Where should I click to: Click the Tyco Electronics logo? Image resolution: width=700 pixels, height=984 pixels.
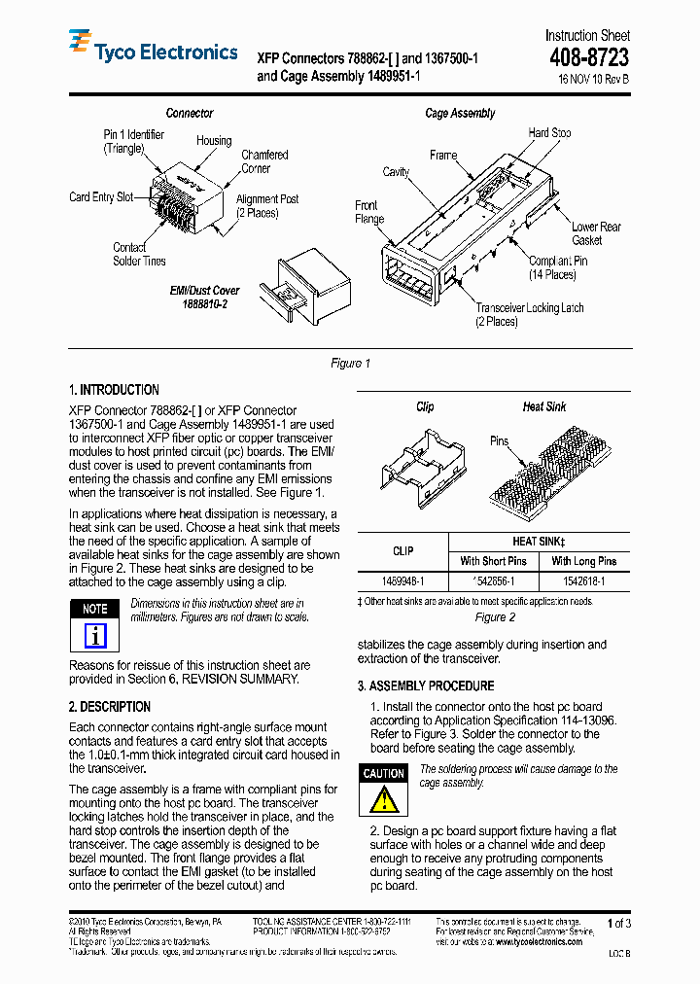tap(153, 51)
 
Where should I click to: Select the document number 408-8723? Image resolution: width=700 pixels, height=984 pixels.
tap(586, 58)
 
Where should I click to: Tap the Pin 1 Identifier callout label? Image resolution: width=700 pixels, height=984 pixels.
tap(134, 142)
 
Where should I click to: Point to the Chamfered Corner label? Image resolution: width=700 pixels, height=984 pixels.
tap(263, 161)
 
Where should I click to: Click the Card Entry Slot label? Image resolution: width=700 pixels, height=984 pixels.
tap(101, 197)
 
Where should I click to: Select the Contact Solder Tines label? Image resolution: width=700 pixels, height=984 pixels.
tap(139, 255)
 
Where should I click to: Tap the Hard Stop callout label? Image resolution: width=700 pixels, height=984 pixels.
tap(549, 133)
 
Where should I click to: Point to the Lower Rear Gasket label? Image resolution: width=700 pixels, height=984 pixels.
tap(595, 233)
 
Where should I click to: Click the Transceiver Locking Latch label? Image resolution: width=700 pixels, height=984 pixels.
tap(530, 314)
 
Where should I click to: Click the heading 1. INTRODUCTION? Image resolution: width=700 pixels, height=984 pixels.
tap(114, 390)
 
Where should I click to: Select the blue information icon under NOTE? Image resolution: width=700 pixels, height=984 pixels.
tap(94, 636)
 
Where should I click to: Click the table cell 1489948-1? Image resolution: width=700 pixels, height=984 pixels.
tap(402, 581)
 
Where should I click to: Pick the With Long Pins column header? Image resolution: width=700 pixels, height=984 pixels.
tap(583, 561)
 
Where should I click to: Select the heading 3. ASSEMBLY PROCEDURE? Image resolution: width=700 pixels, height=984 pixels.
tap(425, 686)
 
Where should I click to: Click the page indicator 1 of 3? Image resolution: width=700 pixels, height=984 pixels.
tap(618, 924)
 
